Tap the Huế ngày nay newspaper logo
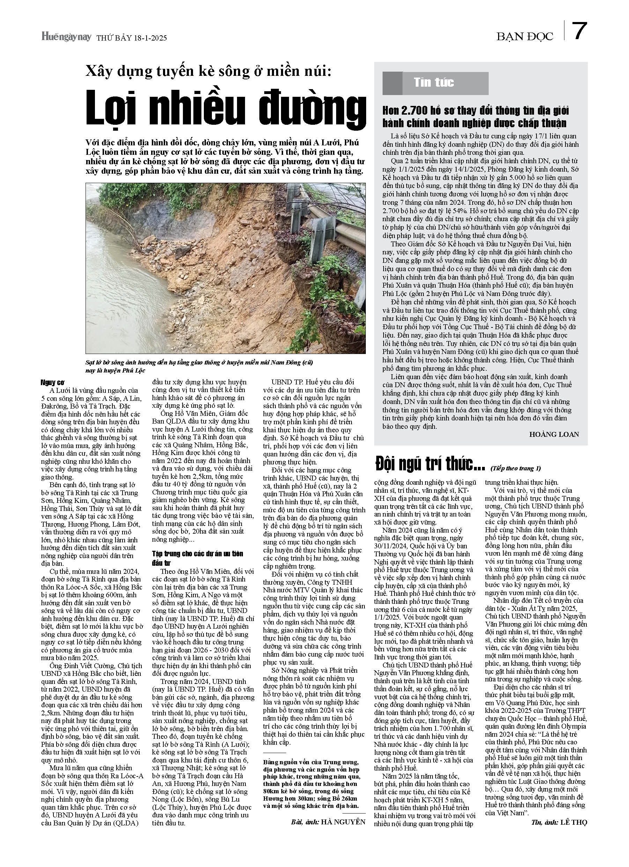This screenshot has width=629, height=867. [66, 37]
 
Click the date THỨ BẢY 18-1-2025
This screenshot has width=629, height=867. [131, 38]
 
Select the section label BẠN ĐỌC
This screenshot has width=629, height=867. [524, 36]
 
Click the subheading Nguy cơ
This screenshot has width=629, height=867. [53, 383]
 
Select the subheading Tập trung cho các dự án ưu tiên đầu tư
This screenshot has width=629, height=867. [198, 558]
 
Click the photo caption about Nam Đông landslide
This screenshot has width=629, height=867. [199, 366]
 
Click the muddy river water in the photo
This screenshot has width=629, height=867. [114, 298]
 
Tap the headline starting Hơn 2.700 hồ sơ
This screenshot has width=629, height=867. [475, 117]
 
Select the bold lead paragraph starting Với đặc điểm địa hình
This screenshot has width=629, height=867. [225, 157]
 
